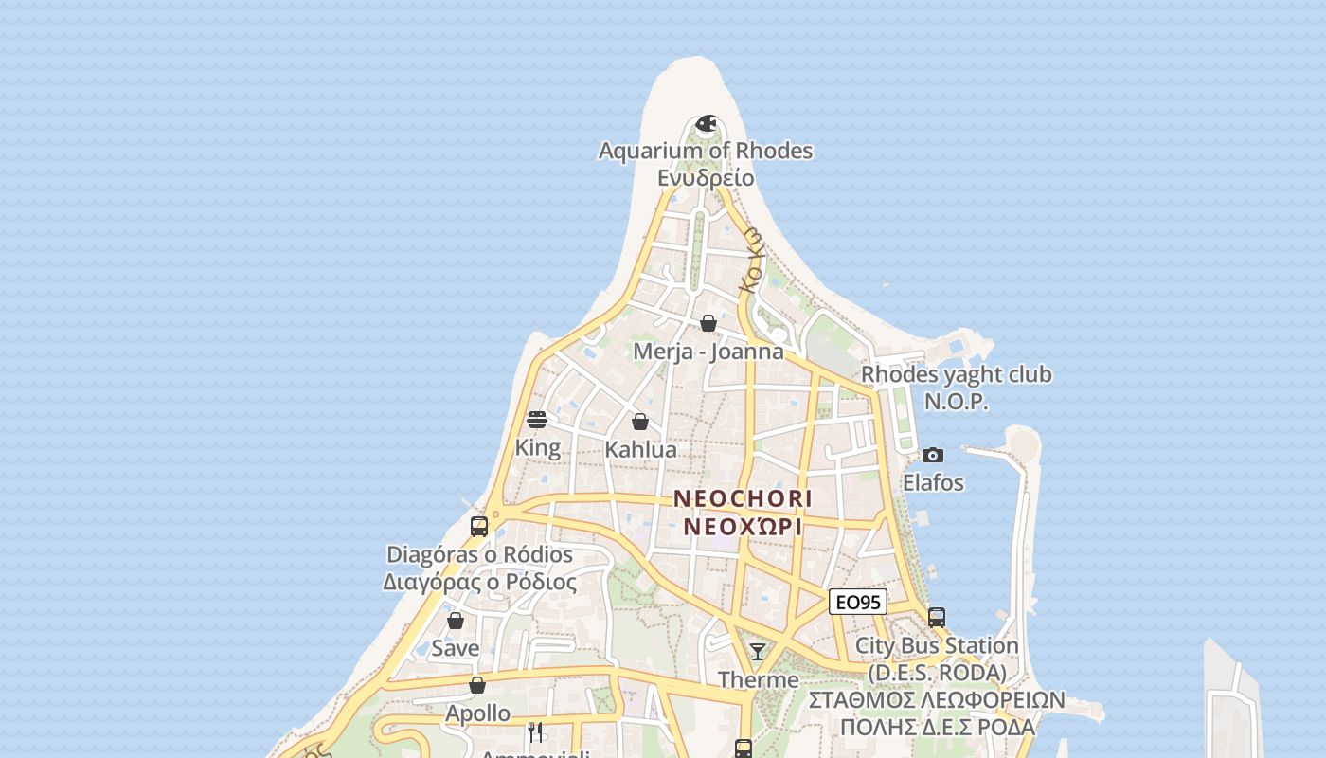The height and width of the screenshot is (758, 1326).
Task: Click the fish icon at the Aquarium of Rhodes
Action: pyautogui.click(x=706, y=123)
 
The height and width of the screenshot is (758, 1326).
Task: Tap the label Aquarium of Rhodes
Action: pyautogui.click(x=706, y=151)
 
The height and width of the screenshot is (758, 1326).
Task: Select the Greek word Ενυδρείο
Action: pyautogui.click(x=706, y=178)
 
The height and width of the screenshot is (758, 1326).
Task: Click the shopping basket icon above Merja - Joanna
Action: pyautogui.click(x=708, y=324)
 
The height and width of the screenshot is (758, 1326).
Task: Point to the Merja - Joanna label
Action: pyautogui.click(x=708, y=352)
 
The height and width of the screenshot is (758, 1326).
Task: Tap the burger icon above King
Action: pyautogui.click(x=537, y=420)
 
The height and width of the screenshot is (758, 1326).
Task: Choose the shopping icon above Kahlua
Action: pyautogui.click(x=640, y=422)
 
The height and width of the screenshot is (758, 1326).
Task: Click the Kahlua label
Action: pyautogui.click(x=640, y=449)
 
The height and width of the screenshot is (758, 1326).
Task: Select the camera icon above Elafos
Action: pyautogui.click(x=933, y=456)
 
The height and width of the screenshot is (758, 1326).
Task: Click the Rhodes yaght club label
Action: pyautogui.click(x=956, y=375)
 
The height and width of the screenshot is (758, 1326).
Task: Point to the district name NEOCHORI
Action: pyautogui.click(x=744, y=498)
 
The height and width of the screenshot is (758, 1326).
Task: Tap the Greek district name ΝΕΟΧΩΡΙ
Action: pyautogui.click(x=744, y=527)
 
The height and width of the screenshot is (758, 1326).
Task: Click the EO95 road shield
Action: pyautogui.click(x=857, y=602)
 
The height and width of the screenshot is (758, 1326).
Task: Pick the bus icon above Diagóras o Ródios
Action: pyautogui.click(x=479, y=527)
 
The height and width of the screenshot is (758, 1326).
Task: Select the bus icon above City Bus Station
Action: pyautogui.click(x=937, y=618)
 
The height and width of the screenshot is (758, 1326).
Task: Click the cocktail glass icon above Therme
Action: pyautogui.click(x=758, y=652)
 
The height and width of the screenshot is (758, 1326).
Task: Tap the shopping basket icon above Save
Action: pyautogui.click(x=456, y=622)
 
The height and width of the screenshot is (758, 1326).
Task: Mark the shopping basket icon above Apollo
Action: pyautogui.click(x=477, y=685)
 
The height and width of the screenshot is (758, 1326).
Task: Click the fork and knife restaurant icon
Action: pyautogui.click(x=535, y=731)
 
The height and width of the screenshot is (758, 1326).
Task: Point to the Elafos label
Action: pyautogui.click(x=933, y=483)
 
